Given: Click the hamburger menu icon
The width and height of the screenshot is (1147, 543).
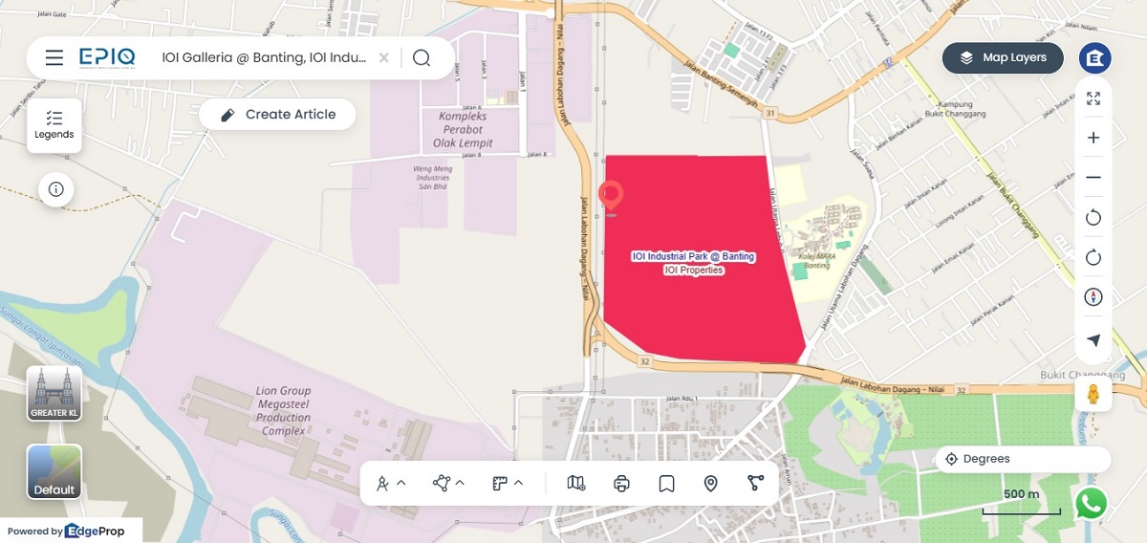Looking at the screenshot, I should [x=54, y=58].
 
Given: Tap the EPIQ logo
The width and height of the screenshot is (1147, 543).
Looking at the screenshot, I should [x=107, y=57].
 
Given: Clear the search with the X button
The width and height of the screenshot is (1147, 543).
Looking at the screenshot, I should [x=383, y=58].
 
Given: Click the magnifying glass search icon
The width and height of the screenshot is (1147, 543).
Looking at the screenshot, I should [x=422, y=58].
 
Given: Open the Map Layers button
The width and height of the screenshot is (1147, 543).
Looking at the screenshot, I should [x=1003, y=57].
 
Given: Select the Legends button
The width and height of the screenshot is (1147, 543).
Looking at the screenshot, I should [x=54, y=125].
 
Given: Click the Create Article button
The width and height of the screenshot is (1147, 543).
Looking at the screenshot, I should [x=277, y=115].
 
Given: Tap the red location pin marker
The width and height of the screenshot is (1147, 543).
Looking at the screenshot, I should [x=611, y=196].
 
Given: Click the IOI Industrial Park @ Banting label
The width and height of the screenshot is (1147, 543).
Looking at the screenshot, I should [x=694, y=257].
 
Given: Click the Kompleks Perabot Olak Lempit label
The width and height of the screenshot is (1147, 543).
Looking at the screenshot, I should [x=464, y=130].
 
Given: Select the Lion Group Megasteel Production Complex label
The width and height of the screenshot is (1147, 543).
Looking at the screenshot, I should [x=283, y=411].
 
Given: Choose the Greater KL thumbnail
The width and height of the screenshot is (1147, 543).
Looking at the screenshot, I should [x=54, y=393].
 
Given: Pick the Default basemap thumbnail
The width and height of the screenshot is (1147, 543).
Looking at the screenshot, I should [x=54, y=471].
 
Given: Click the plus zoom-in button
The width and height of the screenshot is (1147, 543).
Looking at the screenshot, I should [x=1093, y=138].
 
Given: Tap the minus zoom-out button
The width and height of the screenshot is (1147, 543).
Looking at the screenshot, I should [x=1093, y=178].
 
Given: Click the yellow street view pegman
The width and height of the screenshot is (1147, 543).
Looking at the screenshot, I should [x=1093, y=393].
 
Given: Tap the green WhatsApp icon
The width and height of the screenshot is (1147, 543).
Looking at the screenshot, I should [x=1091, y=504].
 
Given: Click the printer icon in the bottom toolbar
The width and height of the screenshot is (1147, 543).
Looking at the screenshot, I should [x=621, y=484].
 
